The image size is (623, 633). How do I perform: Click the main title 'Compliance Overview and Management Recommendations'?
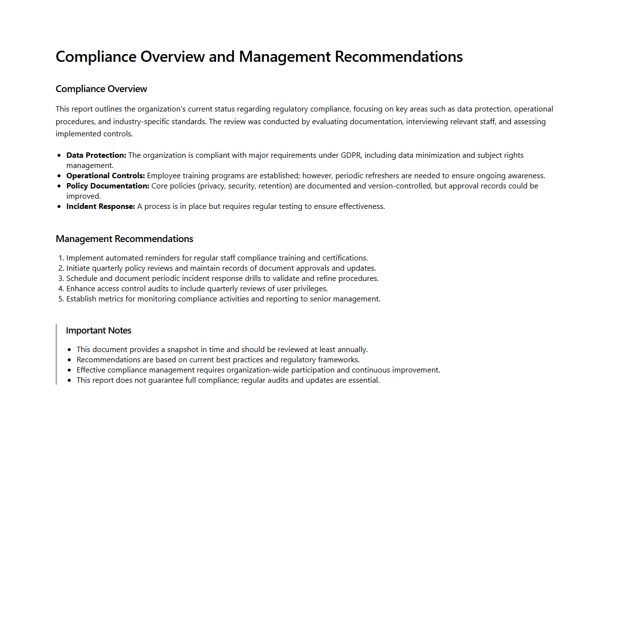259,57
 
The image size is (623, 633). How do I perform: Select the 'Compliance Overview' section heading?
101,89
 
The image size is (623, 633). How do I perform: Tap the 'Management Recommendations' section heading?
124,239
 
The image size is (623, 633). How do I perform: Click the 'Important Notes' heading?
98,331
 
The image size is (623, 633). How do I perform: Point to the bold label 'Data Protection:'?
96,155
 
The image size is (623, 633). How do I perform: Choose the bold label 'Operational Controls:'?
105,176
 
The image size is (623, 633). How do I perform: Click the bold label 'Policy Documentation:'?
108,186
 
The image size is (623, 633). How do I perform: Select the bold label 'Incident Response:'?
100,206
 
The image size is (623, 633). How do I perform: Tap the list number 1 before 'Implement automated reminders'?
60,258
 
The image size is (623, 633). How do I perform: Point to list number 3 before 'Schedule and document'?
60,279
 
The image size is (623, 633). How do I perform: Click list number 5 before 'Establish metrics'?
60,299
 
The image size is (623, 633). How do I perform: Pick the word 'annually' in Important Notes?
352,350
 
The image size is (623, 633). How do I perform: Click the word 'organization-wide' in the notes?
258,370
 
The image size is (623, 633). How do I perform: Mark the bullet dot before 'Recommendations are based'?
70,360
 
